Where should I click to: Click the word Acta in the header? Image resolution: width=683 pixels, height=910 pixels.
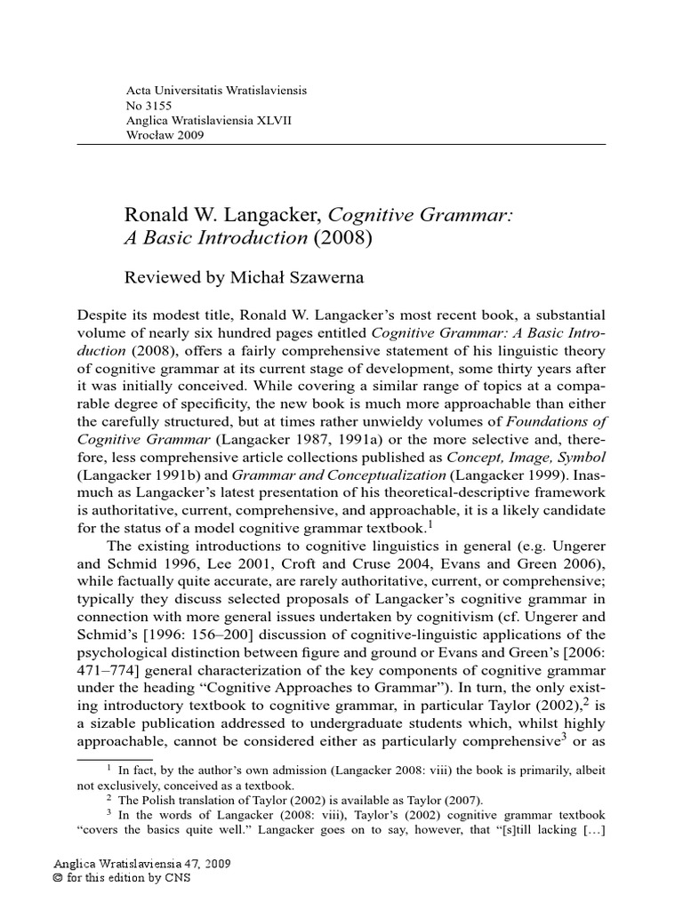141,92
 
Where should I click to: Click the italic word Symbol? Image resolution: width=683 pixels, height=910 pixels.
578,456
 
